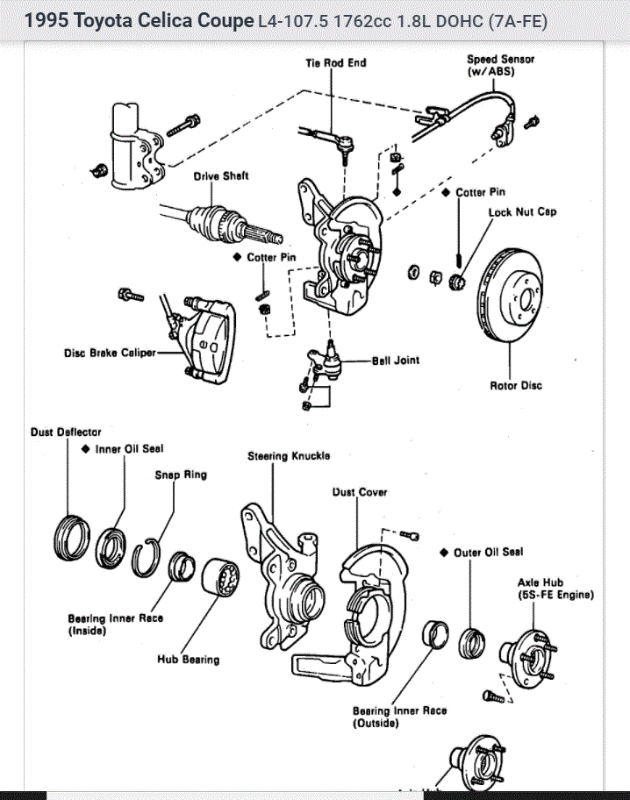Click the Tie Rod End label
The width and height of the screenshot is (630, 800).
coord(336,63)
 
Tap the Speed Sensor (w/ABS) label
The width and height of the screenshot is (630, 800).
coord(500,65)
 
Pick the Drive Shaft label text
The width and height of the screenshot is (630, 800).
coord(221,176)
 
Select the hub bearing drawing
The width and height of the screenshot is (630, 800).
coord(220,577)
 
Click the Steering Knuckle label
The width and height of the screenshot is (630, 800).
coord(289,456)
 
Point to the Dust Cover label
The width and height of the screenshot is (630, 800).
coord(360,492)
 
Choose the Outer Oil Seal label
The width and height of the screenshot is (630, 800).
coord(489,552)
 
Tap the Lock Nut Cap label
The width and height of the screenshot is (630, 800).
coord(522,211)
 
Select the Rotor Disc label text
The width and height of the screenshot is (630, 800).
coord(516,385)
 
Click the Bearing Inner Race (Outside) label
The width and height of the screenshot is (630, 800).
coord(400,717)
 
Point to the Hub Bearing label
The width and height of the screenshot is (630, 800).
coord(189,659)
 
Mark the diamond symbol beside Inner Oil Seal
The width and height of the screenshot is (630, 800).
coord(86,449)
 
